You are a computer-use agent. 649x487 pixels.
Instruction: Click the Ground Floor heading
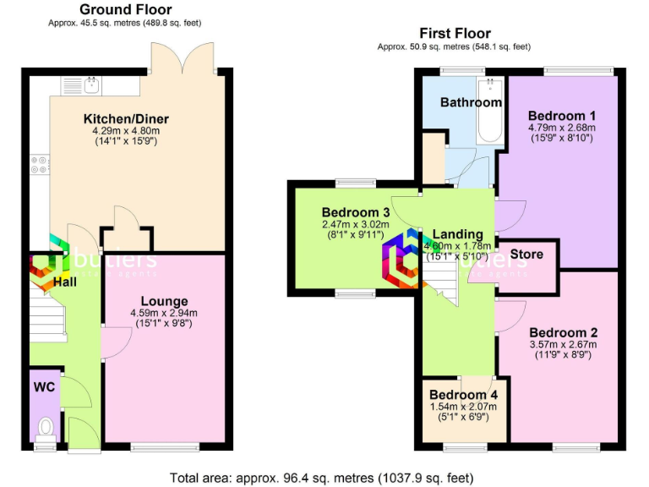coord(125,9)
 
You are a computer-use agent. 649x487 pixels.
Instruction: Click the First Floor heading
coord(455,34)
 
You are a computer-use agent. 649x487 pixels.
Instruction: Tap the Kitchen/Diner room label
coord(126,118)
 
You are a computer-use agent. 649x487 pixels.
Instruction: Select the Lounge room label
coord(164,301)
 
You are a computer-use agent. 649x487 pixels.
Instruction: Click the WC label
coord(44,386)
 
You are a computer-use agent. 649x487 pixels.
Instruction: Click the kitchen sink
coord(91,85)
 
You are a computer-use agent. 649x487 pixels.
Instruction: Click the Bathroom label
coord(471,102)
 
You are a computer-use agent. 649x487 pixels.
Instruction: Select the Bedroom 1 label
coord(562,115)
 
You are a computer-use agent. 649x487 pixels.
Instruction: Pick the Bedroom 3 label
coord(355,212)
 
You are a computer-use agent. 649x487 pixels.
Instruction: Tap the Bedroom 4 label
coord(463,395)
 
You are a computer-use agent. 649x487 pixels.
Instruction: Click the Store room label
coord(526,254)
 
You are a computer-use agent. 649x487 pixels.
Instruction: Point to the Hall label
coord(64,281)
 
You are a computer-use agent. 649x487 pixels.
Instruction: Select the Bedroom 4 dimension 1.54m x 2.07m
coord(463,407)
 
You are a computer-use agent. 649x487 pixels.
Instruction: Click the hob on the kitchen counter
coord(39,163)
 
